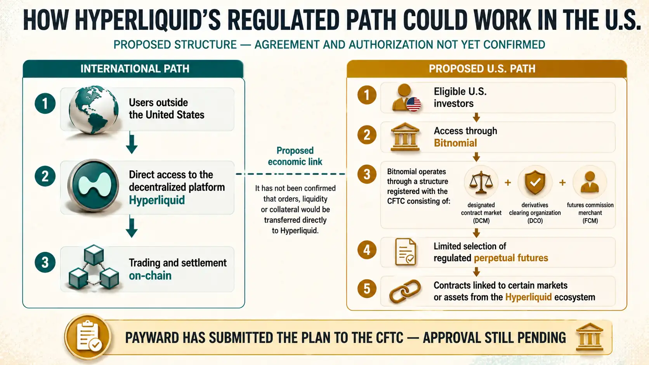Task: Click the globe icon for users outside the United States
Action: [x=93, y=110]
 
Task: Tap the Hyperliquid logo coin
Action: [x=93, y=185]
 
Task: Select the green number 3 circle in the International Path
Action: [x=45, y=263]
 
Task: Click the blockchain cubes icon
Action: [x=94, y=267]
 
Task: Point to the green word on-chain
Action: [x=150, y=275]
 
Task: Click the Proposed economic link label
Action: [x=295, y=156]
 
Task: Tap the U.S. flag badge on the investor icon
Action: [x=413, y=104]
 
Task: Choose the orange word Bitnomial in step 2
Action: [x=455, y=143]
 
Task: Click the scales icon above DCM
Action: [x=481, y=182]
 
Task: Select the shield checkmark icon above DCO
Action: [x=535, y=182]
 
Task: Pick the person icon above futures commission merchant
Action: [x=590, y=182]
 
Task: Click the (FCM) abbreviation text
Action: [x=590, y=221]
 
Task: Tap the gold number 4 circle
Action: [x=367, y=250]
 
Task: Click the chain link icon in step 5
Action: [x=405, y=291]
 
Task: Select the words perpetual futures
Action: [x=511, y=258]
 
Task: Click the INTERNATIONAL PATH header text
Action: [x=135, y=69]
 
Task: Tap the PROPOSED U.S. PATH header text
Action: [x=482, y=69]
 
